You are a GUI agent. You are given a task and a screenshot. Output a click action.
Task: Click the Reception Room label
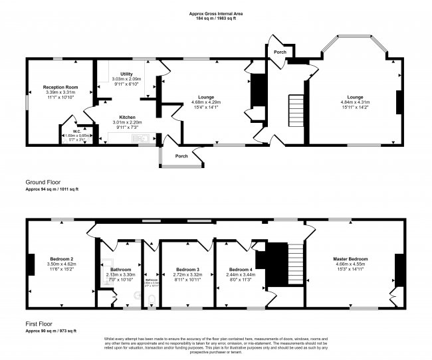click(x=60, y=87)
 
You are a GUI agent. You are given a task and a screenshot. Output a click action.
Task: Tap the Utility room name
click(x=126, y=74)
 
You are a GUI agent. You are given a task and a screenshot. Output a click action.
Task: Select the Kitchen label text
click(x=127, y=116)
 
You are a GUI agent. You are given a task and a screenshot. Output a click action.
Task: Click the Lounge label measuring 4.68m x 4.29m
click(x=205, y=97)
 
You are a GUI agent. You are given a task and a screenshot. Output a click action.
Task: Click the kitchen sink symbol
click(x=141, y=139)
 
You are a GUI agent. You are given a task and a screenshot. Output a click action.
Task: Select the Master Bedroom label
click(x=351, y=258)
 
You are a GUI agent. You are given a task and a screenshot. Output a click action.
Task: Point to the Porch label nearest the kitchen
click(x=181, y=156)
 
